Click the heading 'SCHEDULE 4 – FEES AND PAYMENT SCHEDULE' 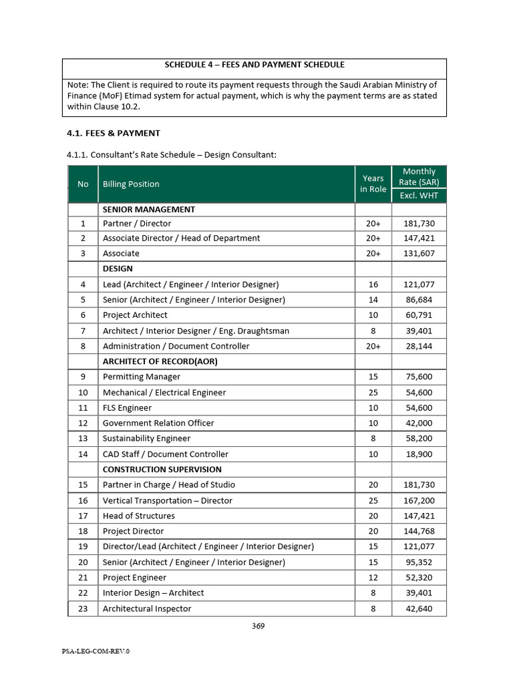tap(254, 65)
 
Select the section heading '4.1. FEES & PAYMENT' tap(113, 133)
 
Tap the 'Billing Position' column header tap(131, 184)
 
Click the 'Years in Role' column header tap(373, 184)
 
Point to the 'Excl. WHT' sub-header tap(419, 195)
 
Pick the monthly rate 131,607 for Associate tap(419, 253)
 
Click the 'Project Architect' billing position tap(135, 315)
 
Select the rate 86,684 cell tap(419, 299)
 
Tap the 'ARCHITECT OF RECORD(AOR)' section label tap(160, 361)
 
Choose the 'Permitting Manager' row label tap(141, 377)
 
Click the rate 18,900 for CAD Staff tap(419, 454)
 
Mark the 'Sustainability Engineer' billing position tap(146, 438)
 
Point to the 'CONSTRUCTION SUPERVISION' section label tap(162, 469)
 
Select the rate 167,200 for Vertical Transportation tap(419, 500)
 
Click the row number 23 tap(83, 609)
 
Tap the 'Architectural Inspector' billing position tap(147, 609)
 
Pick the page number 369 tap(259, 626)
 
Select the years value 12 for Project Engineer tap(373, 577)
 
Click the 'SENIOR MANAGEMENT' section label tap(148, 209)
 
